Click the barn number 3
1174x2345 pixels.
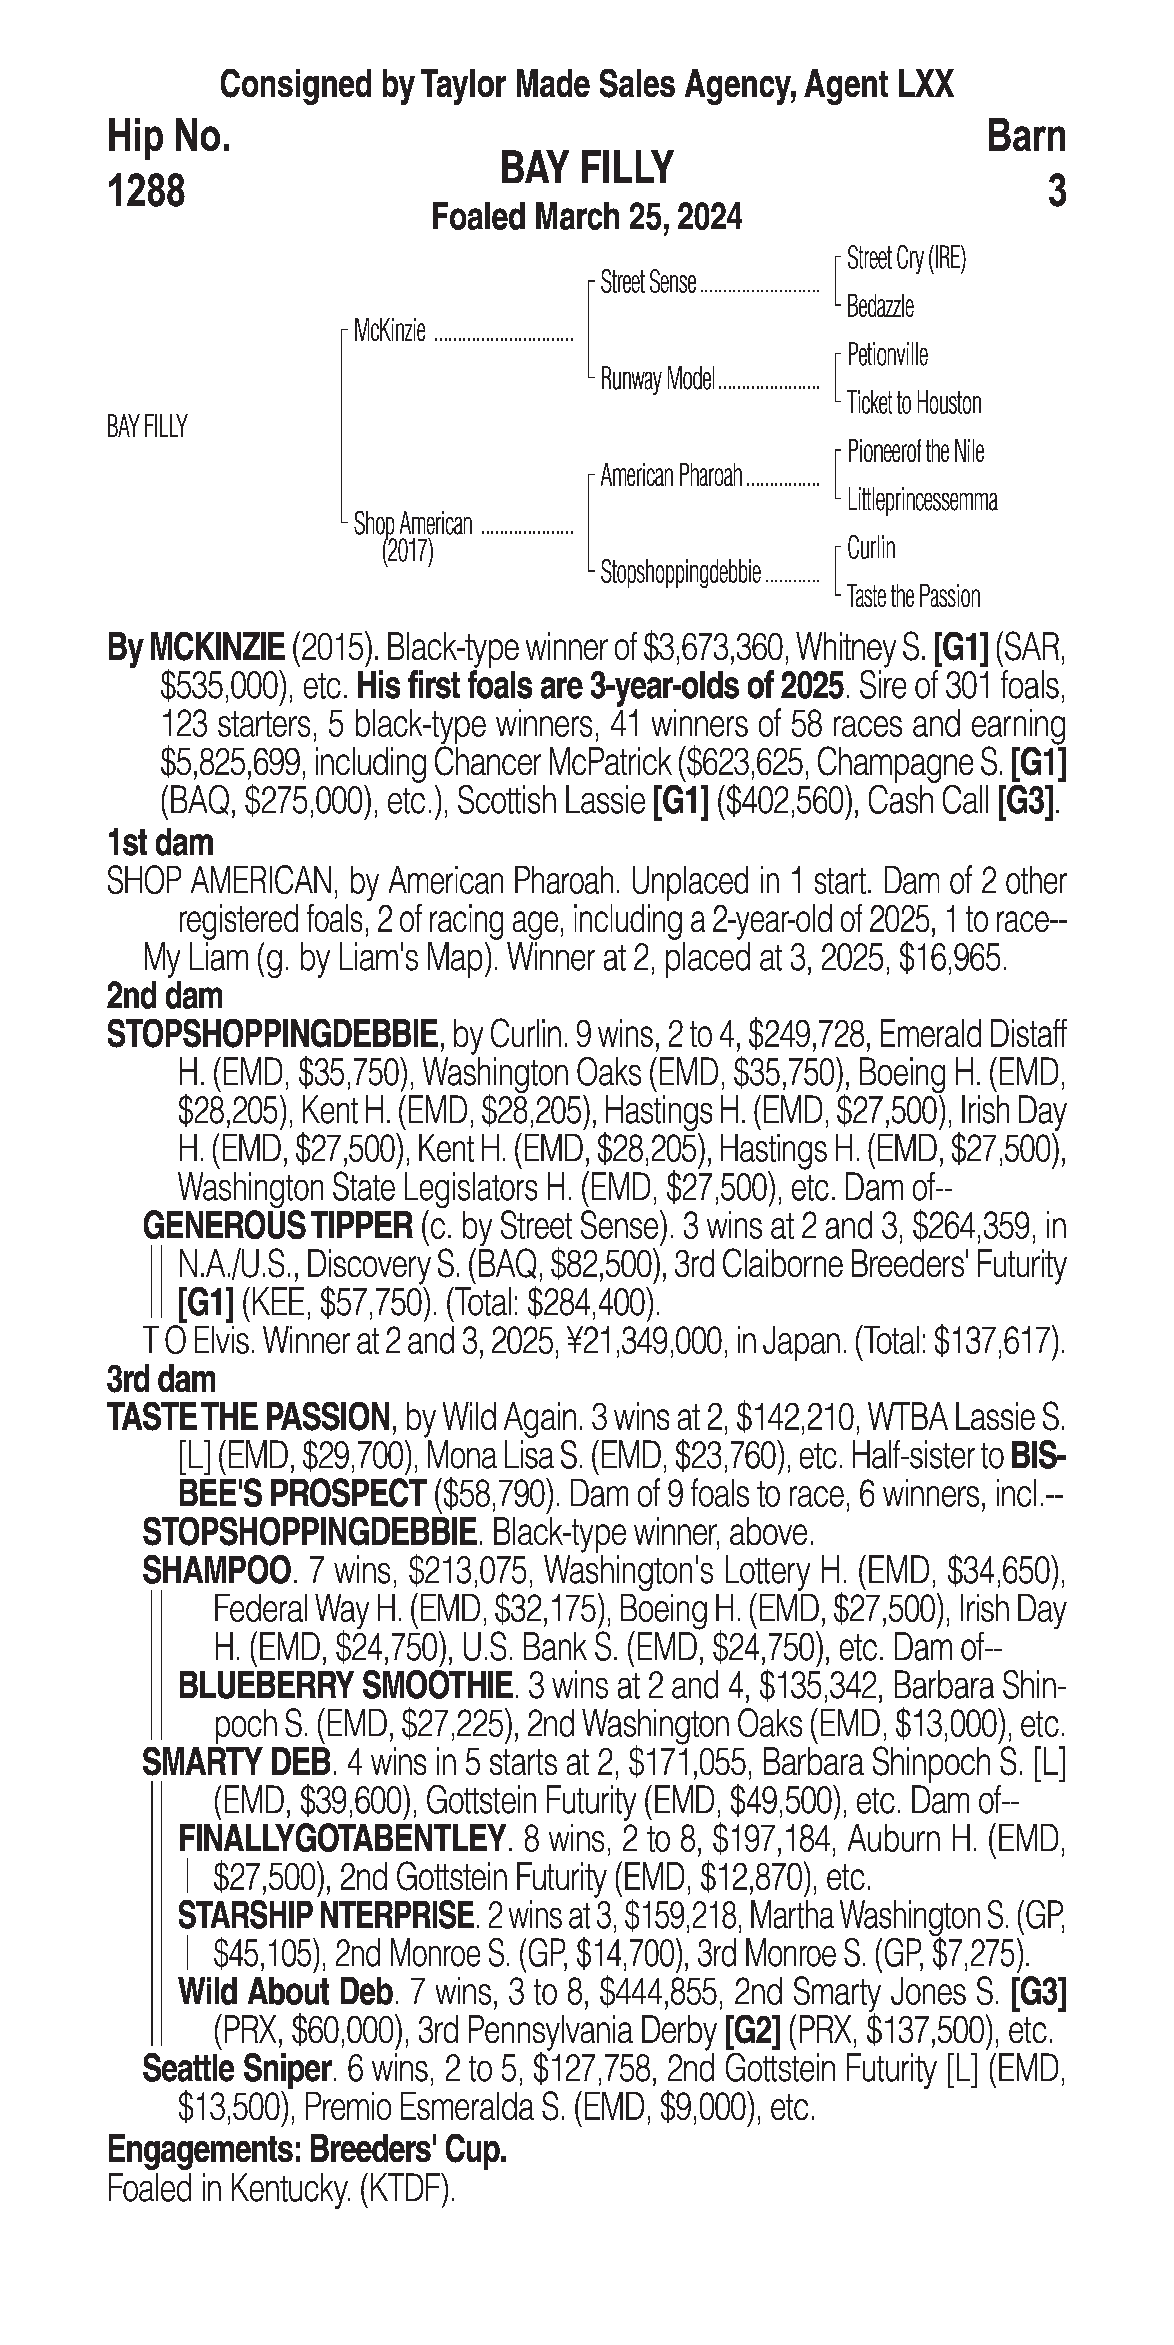1056,191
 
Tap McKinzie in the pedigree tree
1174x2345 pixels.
390,331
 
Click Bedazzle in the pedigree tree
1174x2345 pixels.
880,307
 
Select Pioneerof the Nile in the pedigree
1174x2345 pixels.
915,452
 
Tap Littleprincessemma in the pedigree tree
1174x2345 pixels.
921,500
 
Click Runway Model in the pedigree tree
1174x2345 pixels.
657,379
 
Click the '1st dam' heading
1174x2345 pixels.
160,843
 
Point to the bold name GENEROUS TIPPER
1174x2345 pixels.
277,1226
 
